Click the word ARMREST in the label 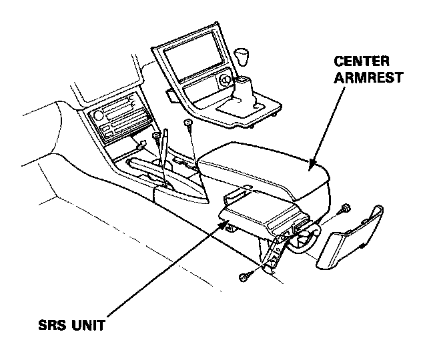coord(368,77)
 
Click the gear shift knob coord(243,55)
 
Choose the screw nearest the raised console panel coord(190,125)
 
